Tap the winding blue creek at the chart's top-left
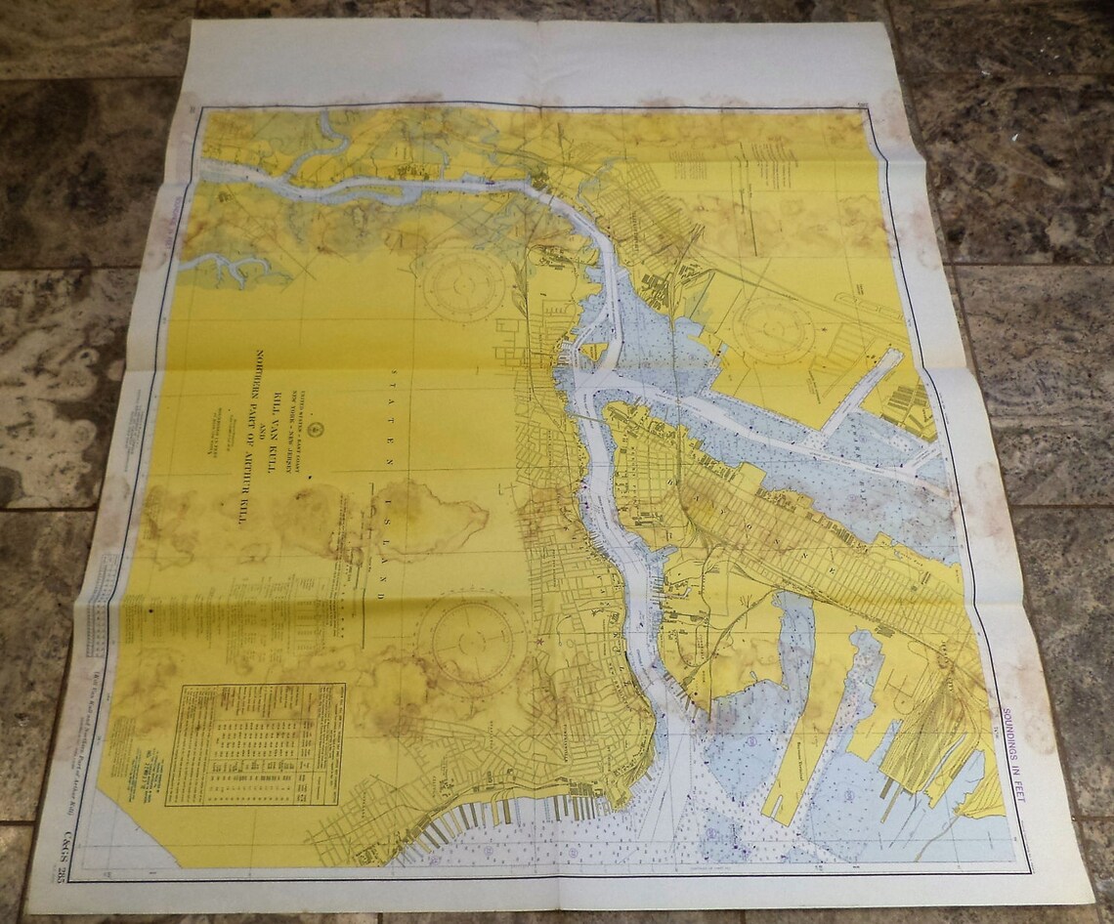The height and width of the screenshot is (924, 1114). (x=322, y=147)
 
